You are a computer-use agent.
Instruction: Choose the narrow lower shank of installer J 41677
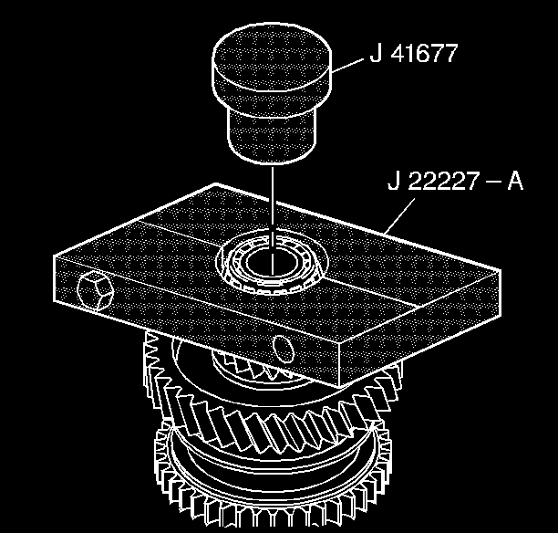click(271, 132)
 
